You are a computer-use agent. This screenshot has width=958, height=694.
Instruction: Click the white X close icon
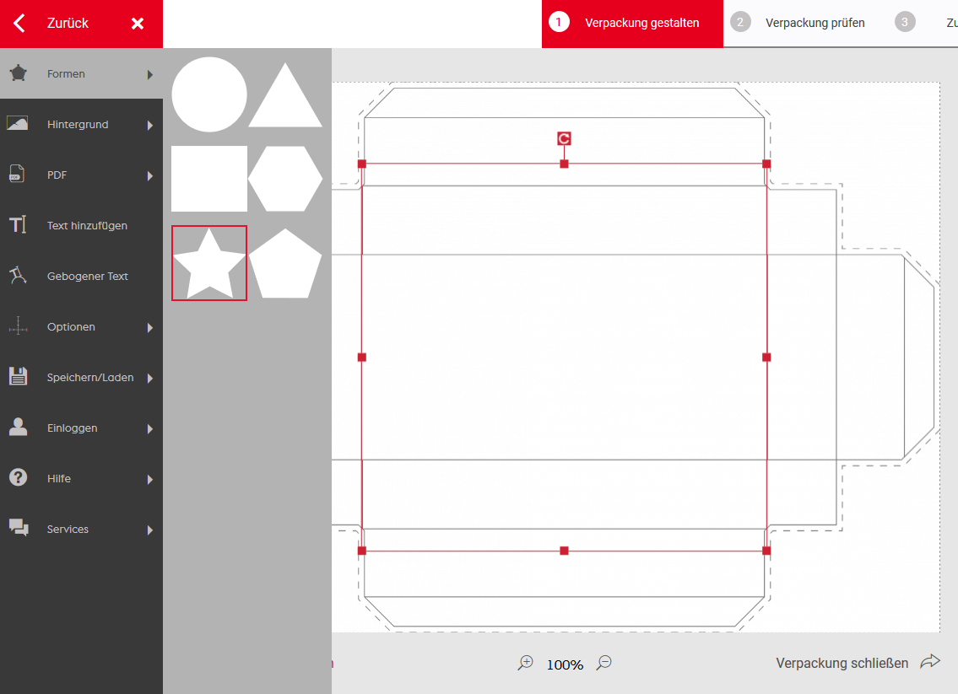(x=138, y=24)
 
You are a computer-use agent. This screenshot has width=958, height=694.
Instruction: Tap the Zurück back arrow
(x=19, y=24)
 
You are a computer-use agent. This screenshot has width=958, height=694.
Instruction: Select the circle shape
(x=209, y=94)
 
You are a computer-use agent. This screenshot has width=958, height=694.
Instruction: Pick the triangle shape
(x=285, y=95)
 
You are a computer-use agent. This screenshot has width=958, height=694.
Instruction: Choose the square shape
(x=209, y=178)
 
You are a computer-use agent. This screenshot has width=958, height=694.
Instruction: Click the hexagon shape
(x=285, y=179)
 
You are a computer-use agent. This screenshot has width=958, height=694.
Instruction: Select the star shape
(x=209, y=264)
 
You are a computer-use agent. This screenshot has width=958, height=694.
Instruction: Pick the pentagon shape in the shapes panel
(x=285, y=264)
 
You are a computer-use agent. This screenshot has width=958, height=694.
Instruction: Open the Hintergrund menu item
(x=78, y=125)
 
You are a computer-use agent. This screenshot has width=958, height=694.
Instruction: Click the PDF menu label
(x=57, y=175)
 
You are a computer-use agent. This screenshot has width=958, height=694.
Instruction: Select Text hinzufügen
(x=88, y=226)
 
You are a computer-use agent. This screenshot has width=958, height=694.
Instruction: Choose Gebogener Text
(x=88, y=277)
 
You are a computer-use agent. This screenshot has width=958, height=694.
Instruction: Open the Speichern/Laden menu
(x=90, y=378)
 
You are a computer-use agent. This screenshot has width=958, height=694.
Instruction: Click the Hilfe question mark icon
(x=19, y=477)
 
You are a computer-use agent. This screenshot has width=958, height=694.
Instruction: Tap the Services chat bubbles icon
(x=19, y=527)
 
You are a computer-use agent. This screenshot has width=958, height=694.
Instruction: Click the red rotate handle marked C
(x=564, y=138)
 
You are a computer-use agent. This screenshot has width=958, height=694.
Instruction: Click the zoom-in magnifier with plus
(x=526, y=663)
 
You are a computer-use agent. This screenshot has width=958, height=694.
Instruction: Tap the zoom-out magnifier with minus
(x=604, y=662)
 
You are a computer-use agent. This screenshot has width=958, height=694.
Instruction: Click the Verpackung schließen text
(x=842, y=664)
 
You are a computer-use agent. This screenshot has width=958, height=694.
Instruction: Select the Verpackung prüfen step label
(x=815, y=24)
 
